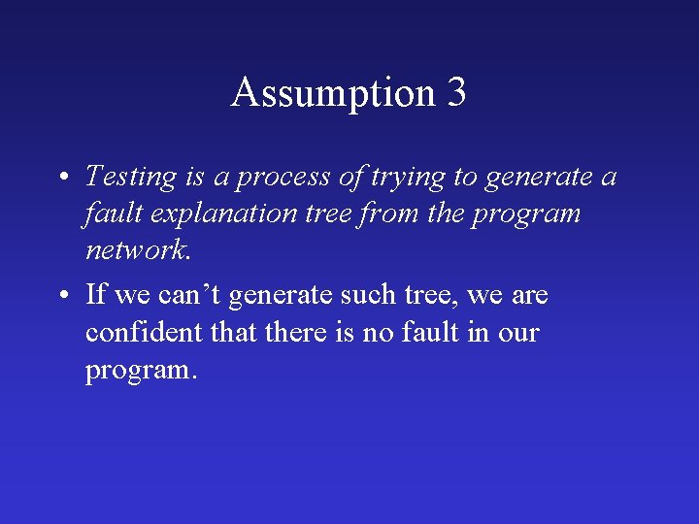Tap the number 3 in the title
[x=456, y=93]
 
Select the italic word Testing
[x=131, y=177]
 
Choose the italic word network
[x=139, y=250]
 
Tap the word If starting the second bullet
[x=95, y=293]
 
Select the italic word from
[x=380, y=214]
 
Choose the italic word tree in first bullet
[x=330, y=214]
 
